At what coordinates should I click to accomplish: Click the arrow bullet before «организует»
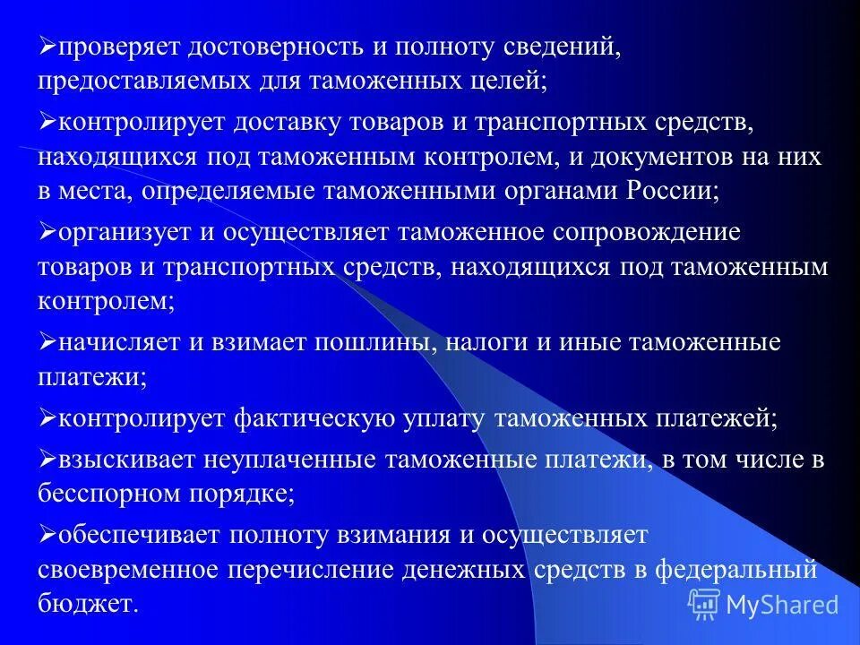pos(47,231)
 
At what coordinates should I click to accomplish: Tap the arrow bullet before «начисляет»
pos(47,342)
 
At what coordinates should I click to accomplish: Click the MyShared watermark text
pos(782,605)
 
